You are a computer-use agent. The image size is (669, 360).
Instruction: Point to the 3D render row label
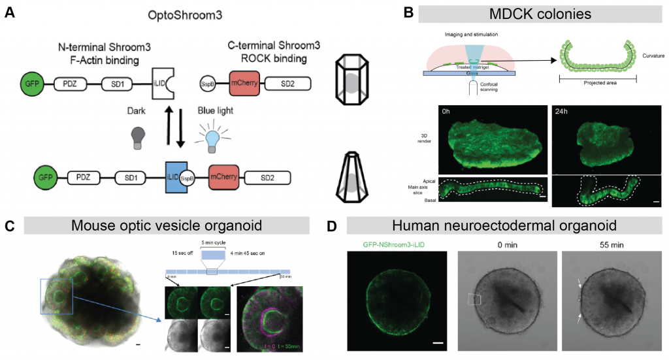coord(428,139)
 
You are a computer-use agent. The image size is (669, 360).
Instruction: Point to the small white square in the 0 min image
coord(474,299)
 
